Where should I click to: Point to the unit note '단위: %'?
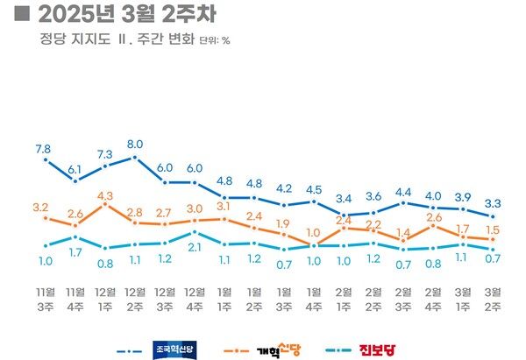(x=215, y=40)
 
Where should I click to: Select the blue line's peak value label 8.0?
(x=135, y=144)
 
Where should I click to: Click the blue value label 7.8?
(x=43, y=149)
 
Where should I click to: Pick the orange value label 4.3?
(x=104, y=194)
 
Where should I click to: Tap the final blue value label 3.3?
(x=494, y=203)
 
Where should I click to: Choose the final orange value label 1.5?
(x=494, y=229)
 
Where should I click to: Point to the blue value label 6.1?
(x=75, y=169)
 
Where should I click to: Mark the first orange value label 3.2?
(x=40, y=208)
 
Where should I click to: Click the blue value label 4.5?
(x=314, y=189)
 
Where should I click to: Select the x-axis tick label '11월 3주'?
(x=44, y=297)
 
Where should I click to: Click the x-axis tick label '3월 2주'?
(x=494, y=297)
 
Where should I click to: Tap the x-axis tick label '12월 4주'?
(x=194, y=297)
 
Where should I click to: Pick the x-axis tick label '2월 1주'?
(x=344, y=297)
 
